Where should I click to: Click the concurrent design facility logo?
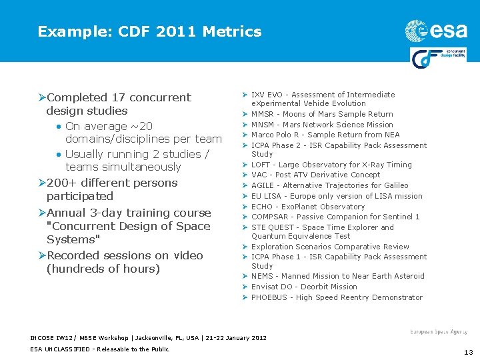(438, 58)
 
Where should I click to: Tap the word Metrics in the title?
(233, 31)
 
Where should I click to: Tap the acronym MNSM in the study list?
(263, 125)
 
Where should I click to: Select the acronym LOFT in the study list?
(261, 165)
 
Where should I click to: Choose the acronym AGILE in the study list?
(263, 185)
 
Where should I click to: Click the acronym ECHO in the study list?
(262, 207)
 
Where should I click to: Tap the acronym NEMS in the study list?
(262, 276)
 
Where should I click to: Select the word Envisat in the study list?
(265, 287)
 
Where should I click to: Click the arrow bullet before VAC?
(245, 175)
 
